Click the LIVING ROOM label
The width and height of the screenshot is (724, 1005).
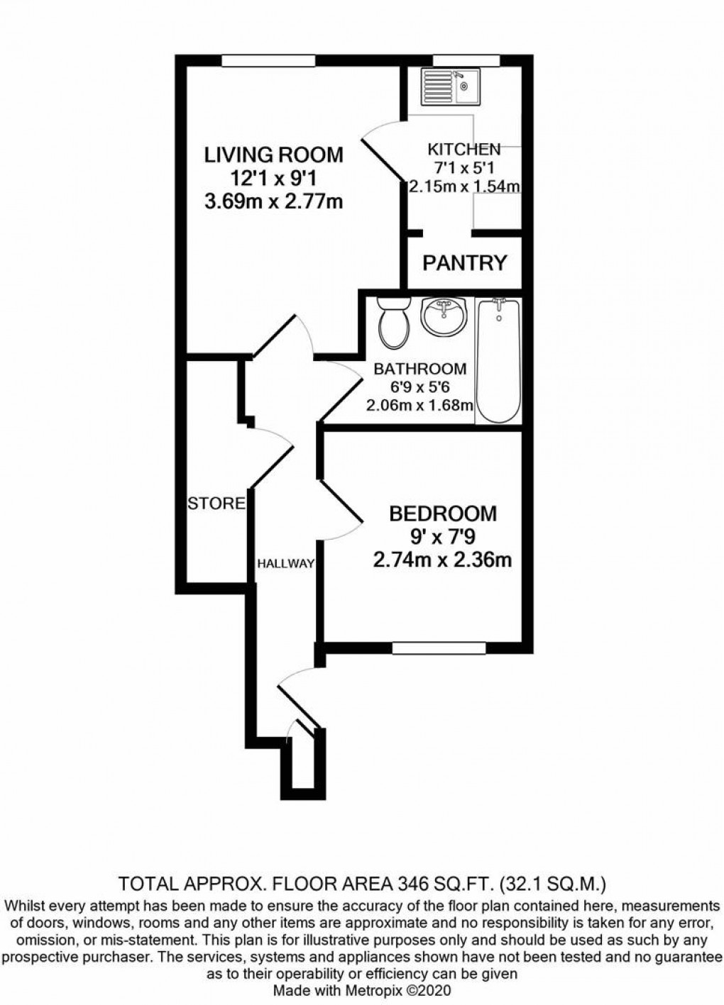(x=273, y=154)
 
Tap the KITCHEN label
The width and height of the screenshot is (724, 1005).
(x=464, y=149)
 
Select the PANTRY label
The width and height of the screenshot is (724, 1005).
(x=465, y=263)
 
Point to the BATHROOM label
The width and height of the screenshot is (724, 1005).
(x=420, y=369)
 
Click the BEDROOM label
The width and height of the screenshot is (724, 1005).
(x=443, y=513)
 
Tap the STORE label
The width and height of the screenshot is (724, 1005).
(x=216, y=504)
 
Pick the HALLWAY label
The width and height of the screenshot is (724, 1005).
(x=285, y=564)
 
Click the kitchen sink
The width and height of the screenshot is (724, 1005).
(x=451, y=87)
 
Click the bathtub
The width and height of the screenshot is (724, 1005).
(x=499, y=361)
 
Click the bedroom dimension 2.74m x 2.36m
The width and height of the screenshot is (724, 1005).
(x=443, y=560)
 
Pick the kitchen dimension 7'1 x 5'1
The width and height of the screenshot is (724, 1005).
(x=464, y=168)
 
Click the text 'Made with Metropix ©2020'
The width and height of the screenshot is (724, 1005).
(x=361, y=989)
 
